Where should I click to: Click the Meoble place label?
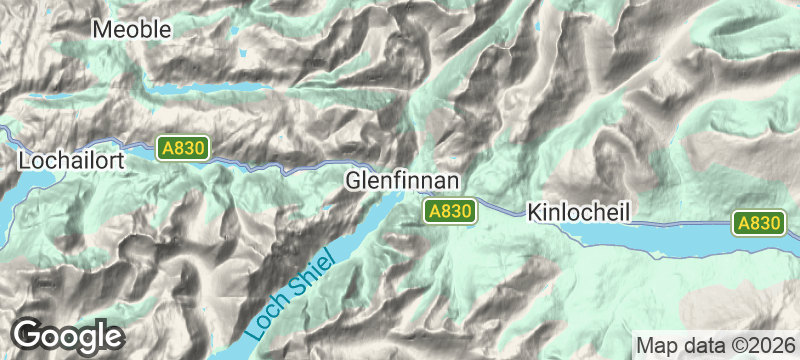[x=131, y=30]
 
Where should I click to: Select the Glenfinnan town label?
[x=402, y=181]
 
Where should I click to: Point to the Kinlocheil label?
[x=581, y=213]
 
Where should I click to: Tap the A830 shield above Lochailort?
[x=183, y=149]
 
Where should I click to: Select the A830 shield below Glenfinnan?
[x=448, y=211]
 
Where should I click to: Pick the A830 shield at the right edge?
[x=759, y=223]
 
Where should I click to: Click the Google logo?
[x=67, y=334]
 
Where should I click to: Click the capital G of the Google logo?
[x=29, y=333]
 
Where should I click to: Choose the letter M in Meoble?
[x=101, y=30]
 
